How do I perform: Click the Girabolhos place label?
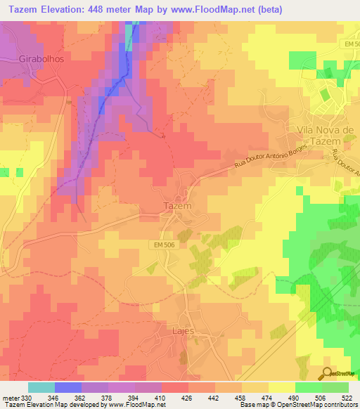pyautogui.click(x=41, y=59)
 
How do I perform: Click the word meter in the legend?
pyautogui.click(x=10, y=397)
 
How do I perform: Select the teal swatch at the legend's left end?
pyautogui.click(x=41, y=387)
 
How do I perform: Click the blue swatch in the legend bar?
pyautogui.click(x=67, y=387)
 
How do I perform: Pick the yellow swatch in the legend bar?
pyautogui.click(x=281, y=387)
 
